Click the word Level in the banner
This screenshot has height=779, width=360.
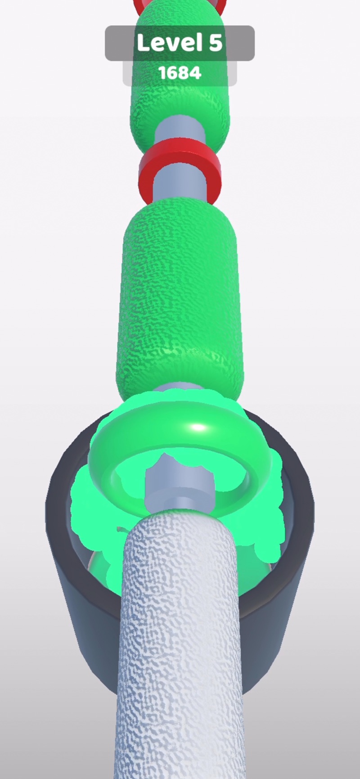point(169,43)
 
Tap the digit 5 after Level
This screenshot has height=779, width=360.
point(215,43)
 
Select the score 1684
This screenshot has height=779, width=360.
point(180,73)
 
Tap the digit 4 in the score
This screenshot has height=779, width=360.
point(195,73)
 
